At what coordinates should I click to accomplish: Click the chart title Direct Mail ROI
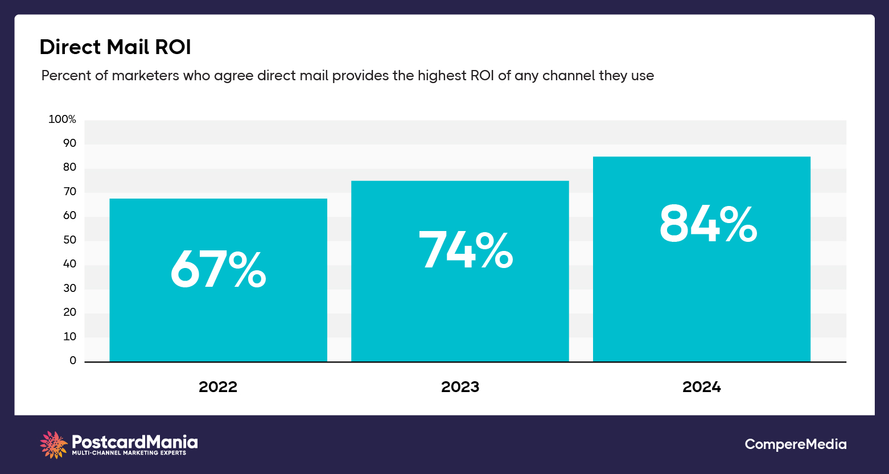tap(115, 47)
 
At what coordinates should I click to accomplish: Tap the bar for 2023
tap(460, 319)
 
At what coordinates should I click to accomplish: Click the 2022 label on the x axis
tap(218, 387)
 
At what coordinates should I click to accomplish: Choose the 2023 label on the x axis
tap(460, 387)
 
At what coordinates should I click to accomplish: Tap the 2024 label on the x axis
tap(701, 387)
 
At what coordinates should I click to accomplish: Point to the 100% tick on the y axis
tap(62, 119)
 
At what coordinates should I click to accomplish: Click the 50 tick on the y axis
tap(69, 240)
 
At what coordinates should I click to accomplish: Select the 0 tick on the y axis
tap(73, 360)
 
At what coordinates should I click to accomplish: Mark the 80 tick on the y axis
tap(69, 167)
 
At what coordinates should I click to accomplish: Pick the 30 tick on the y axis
tap(69, 288)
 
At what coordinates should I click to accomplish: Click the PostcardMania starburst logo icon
tap(54, 444)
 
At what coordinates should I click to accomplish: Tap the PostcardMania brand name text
tap(135, 442)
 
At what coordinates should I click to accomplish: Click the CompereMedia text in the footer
tap(795, 444)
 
